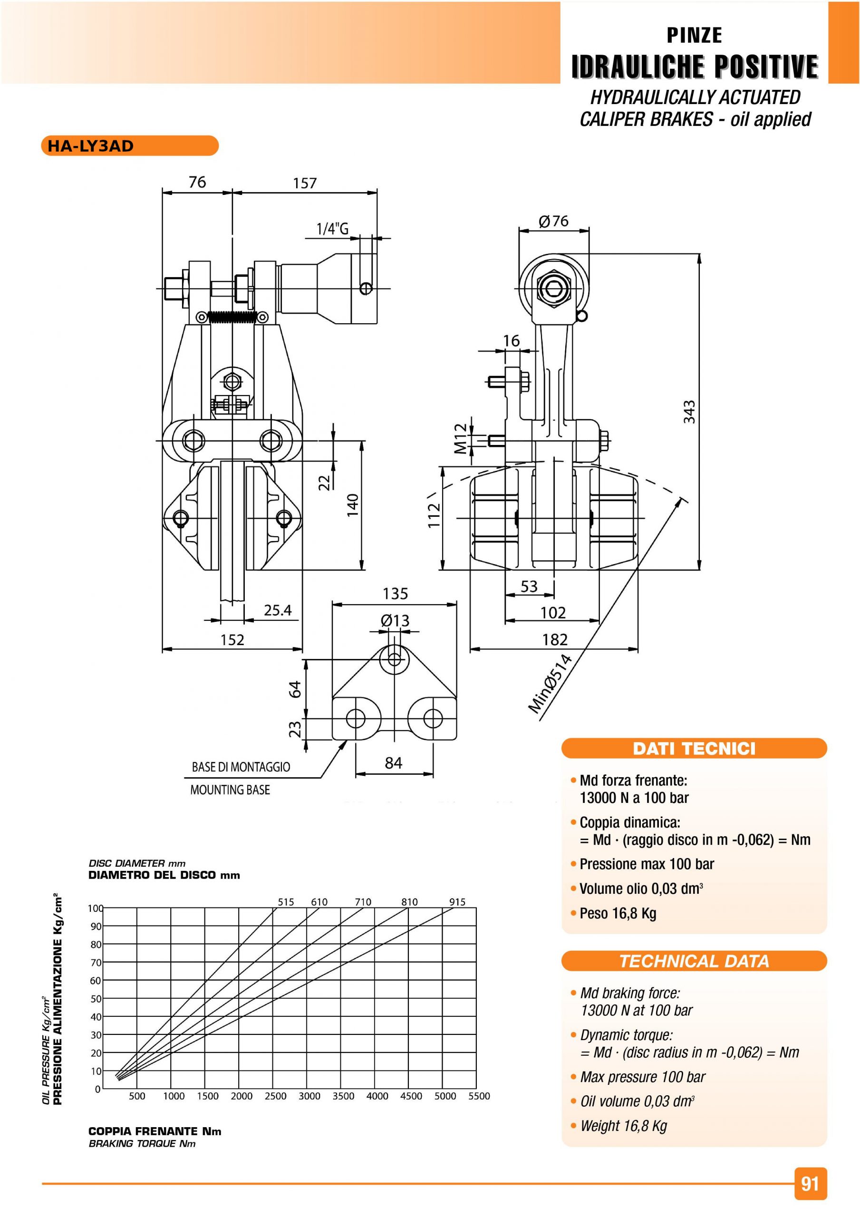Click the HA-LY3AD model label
(90, 146)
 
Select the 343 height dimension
(688, 412)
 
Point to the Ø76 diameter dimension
(553, 221)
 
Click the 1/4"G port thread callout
(332, 229)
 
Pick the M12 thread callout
(461, 439)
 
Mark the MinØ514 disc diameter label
(551, 684)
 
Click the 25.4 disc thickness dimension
(278, 610)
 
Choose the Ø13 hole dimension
(395, 620)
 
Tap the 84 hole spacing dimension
(394, 763)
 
